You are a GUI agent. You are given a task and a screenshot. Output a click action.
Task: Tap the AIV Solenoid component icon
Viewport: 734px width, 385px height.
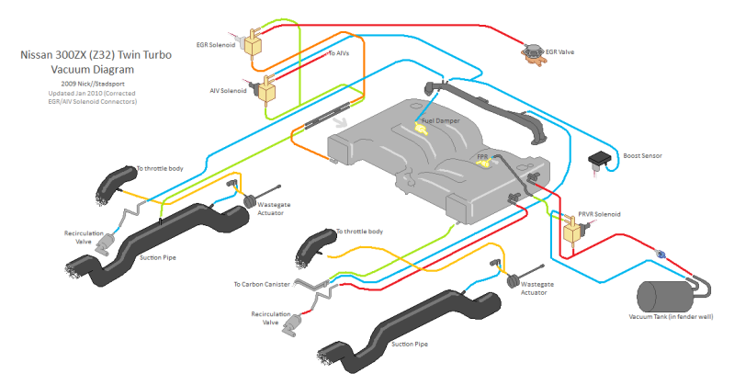click(x=268, y=88)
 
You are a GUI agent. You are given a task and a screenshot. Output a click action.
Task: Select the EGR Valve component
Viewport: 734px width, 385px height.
click(x=531, y=52)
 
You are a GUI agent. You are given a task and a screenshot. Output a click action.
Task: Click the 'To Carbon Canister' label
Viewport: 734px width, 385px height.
click(x=262, y=284)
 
